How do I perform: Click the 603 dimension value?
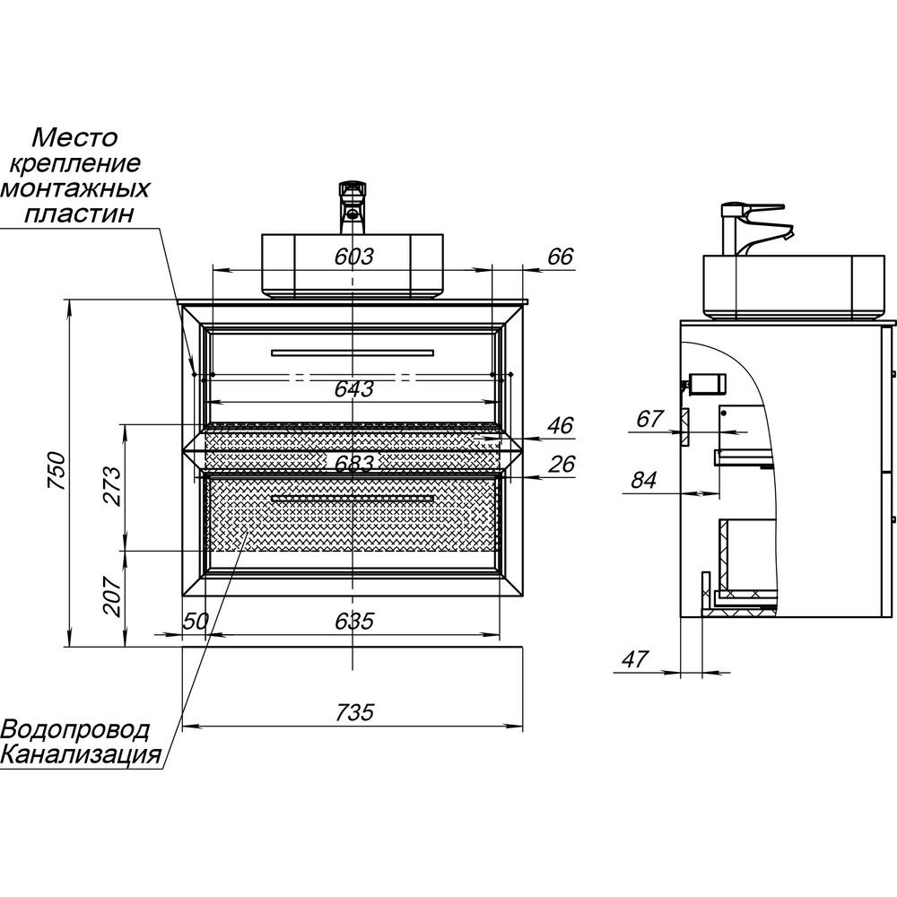tap(354, 257)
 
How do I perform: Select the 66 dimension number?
tap(560, 257)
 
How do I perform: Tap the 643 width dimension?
tap(354, 389)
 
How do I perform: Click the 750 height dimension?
tap(56, 472)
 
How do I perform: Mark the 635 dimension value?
tap(354, 621)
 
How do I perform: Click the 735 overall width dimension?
tap(354, 713)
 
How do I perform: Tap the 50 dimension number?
tap(196, 621)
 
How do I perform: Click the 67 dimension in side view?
tap(651, 419)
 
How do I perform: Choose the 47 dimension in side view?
tap(634, 659)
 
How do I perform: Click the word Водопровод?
tap(75, 727)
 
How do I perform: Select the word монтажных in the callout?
tap(75, 189)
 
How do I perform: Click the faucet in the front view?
tap(353, 203)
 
